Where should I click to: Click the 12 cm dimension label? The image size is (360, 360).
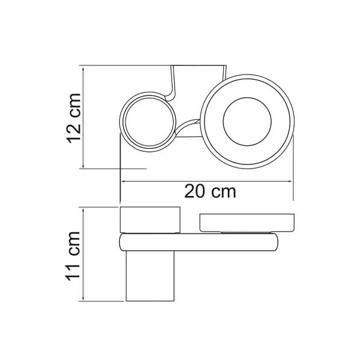[73, 118]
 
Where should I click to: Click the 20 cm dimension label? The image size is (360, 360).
[210, 191]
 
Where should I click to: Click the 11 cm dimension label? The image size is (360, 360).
[73, 256]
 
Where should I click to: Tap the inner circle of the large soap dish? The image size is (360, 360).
[247, 98]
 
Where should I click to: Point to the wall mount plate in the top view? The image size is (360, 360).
[199, 66]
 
